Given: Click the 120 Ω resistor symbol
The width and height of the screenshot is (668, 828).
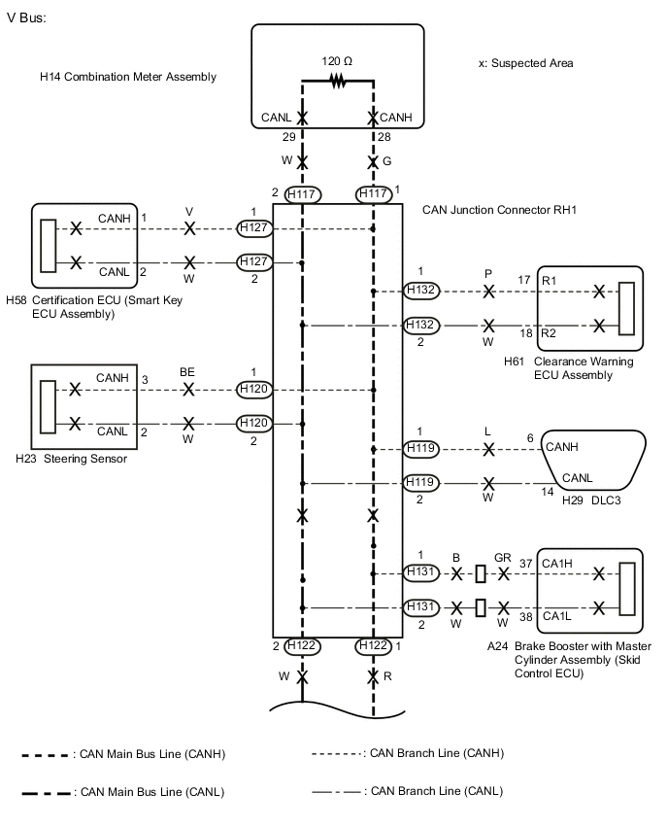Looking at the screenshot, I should (337, 83).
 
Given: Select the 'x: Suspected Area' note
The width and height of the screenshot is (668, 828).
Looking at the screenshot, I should (525, 63).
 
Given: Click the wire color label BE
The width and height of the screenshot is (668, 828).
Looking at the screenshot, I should (187, 371).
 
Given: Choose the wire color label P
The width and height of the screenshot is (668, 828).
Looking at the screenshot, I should (488, 273).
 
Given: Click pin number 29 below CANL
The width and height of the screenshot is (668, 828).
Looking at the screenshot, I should (288, 137).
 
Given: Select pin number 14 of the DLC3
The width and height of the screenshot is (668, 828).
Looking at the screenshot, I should (548, 493).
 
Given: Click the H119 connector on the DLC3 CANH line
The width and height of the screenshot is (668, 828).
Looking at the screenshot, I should (421, 449).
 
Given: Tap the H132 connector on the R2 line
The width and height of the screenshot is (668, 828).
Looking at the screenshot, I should (421, 326).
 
